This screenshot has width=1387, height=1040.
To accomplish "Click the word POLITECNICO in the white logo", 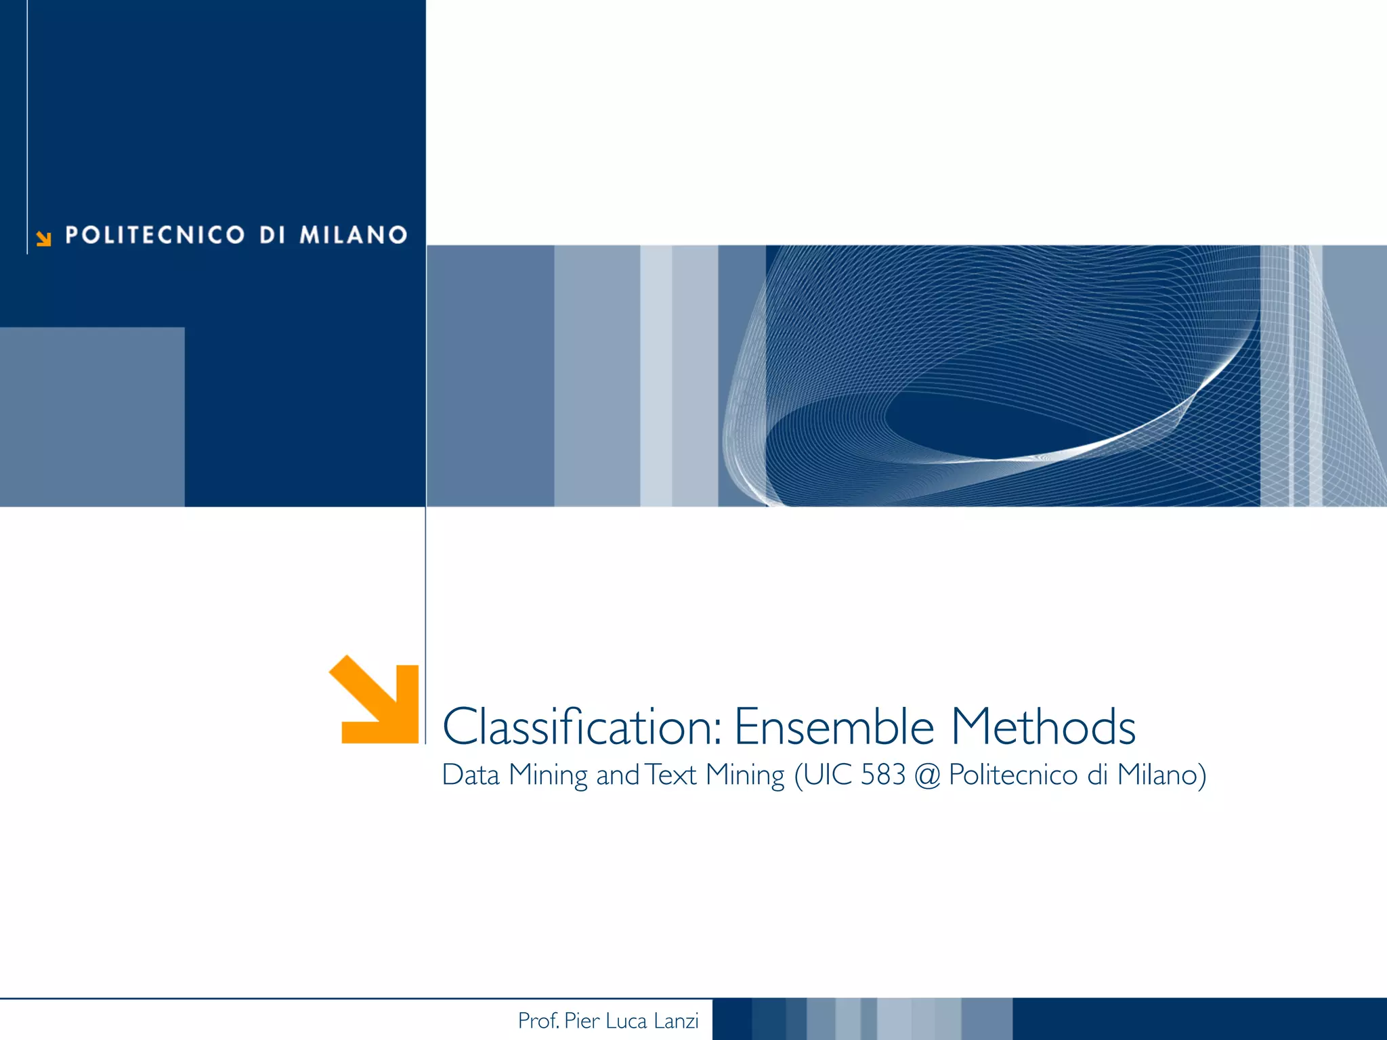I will click(154, 235).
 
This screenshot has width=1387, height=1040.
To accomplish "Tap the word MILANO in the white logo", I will click(354, 235).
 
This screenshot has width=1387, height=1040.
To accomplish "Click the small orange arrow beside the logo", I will click(44, 238).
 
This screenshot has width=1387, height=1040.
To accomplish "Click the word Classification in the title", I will click(581, 727).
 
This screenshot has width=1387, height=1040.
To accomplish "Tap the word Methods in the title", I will click(1043, 727).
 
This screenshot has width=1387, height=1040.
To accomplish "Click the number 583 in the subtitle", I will click(883, 775).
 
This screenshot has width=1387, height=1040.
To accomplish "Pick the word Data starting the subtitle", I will click(470, 775).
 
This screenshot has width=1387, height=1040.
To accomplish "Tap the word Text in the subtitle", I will click(670, 775).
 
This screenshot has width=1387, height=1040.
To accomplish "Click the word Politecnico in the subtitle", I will click(1012, 775).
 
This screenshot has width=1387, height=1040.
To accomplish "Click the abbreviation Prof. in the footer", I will click(538, 1020).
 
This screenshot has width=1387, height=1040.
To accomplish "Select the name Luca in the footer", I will click(626, 1020).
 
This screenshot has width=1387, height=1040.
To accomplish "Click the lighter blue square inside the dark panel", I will click(92, 416).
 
